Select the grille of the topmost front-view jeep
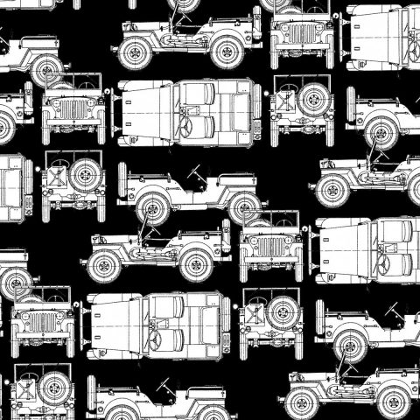(x=301, y=33)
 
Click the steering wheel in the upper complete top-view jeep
(x=185, y=125)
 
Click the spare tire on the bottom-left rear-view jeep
(x=53, y=385)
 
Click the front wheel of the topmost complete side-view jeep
(x=136, y=53)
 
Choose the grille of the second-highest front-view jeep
(x=73, y=110)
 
